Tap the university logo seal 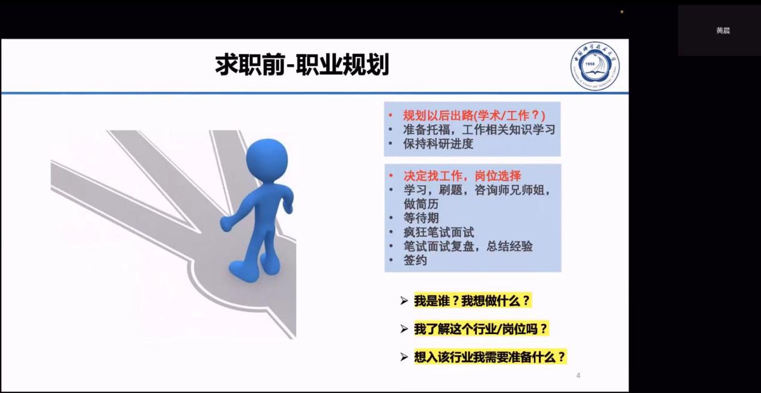595,66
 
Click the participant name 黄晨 723,31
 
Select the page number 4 578,376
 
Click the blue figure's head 267,161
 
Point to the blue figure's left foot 243,272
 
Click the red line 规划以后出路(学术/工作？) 474,116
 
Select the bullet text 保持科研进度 438,144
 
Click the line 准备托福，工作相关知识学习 479,130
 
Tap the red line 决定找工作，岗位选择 462,176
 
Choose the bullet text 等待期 421,218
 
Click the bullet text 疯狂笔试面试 438,232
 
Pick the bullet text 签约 415,260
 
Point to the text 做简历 421,204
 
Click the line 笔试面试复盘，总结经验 468,246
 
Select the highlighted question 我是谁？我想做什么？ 472,301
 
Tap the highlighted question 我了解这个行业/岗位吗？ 481,329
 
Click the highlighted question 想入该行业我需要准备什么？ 490,357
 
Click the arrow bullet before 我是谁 404,301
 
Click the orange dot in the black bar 622,12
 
